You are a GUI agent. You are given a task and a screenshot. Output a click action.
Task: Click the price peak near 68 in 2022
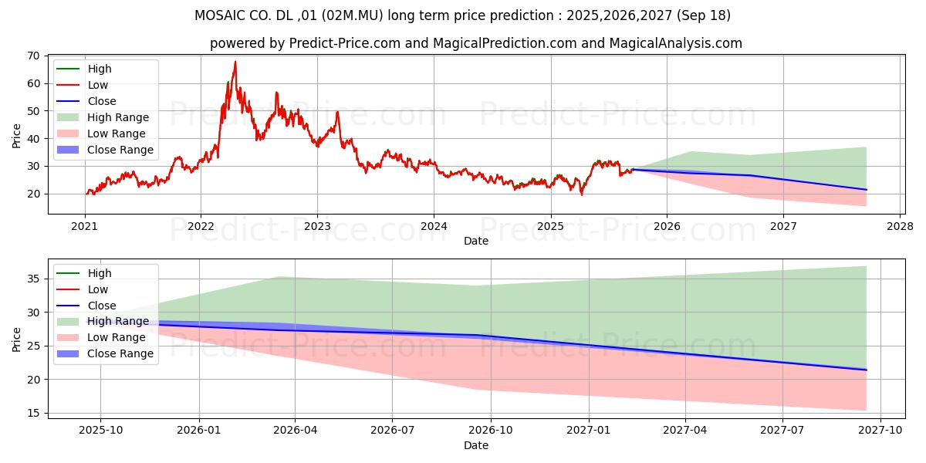tap(235, 62)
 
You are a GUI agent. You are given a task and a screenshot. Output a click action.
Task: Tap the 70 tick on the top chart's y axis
tap(34, 56)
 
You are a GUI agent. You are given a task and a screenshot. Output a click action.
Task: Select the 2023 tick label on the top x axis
tap(317, 226)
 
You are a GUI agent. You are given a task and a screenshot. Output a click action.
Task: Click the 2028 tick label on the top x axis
tap(901, 226)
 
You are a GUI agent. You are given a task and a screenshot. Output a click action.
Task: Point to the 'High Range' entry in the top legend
tap(118, 117)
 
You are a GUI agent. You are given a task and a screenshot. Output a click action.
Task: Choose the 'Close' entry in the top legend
tap(102, 101)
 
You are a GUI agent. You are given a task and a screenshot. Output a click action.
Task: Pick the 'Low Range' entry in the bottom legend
tap(116, 337)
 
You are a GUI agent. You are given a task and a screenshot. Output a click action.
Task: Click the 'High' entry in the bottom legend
tap(100, 273)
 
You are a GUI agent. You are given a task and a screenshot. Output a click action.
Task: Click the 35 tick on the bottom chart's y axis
tap(34, 279)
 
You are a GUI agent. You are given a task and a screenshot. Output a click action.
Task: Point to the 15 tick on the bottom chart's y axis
tap(34, 413)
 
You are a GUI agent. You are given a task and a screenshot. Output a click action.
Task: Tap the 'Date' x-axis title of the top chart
tap(475, 241)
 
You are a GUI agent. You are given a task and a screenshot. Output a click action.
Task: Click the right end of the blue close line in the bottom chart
tap(866, 370)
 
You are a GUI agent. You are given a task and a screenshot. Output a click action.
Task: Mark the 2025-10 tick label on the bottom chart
tap(101, 431)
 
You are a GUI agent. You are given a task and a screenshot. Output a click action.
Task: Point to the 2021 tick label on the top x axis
tap(84, 226)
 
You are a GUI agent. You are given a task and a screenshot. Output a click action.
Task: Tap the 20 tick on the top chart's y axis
tap(34, 194)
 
